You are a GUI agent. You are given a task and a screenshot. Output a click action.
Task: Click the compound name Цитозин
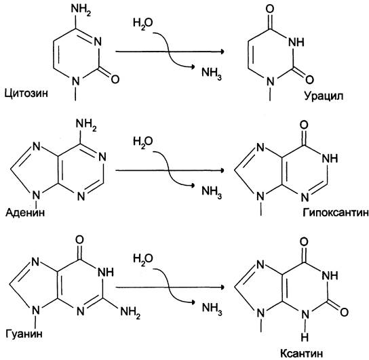click(x=26, y=94)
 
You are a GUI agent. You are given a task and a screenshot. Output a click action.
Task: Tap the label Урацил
click(x=324, y=96)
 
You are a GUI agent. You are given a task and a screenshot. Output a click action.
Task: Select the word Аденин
click(x=25, y=213)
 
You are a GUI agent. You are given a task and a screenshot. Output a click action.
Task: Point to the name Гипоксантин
click(x=336, y=213)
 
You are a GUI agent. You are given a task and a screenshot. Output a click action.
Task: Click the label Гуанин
click(x=24, y=334)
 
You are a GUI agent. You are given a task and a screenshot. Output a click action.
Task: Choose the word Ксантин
click(x=301, y=353)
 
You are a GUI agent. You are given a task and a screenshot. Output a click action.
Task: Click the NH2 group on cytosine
click(x=81, y=10)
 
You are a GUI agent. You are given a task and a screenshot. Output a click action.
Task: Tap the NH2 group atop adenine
click(x=86, y=125)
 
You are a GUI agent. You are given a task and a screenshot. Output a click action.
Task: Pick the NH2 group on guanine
click(x=130, y=313)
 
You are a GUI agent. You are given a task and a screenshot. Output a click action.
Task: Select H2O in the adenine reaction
click(x=143, y=142)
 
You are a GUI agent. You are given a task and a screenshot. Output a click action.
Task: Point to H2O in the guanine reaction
click(x=143, y=259)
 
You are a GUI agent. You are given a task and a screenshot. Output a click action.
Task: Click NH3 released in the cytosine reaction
click(x=212, y=73)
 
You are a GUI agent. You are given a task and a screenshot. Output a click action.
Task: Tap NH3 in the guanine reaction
click(x=212, y=308)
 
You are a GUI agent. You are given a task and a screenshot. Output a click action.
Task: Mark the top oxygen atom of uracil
click(x=270, y=9)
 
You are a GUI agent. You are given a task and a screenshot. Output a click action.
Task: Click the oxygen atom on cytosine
click(x=115, y=79)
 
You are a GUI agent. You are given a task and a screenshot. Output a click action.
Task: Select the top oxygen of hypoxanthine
click(x=304, y=125)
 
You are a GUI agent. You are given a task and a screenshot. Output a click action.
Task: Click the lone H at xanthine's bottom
click(x=305, y=337)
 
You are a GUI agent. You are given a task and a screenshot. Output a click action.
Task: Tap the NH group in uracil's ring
click(x=296, y=43)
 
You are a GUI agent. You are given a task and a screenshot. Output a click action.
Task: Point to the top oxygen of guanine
click(x=79, y=240)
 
